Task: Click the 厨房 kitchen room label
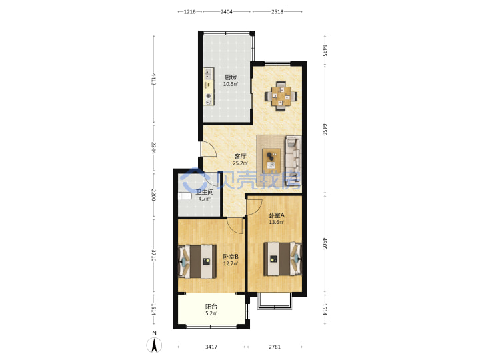point(231,77)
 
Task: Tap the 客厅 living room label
point(240,157)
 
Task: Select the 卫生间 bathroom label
point(205,192)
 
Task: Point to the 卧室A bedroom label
point(277,215)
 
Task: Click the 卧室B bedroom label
point(231,257)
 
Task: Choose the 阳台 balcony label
point(211,307)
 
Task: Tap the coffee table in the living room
point(271,159)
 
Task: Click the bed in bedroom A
point(283,259)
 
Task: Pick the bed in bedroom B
point(197,261)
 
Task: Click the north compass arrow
point(155,345)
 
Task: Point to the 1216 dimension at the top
point(190,11)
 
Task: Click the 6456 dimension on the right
point(325,129)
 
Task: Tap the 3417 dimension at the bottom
point(211,347)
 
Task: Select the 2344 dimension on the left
point(154,148)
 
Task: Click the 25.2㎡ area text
point(240,163)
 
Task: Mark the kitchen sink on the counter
point(208,74)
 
